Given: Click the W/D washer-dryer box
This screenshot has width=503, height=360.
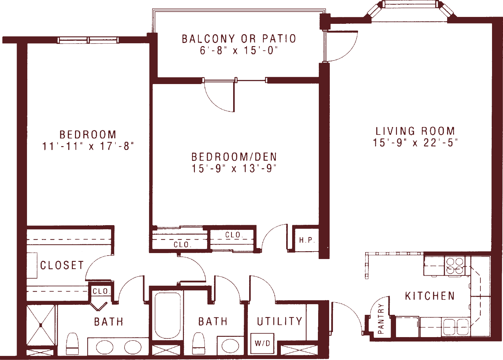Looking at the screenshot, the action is click(x=262, y=343).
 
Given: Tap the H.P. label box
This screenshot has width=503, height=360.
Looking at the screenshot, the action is click(x=307, y=240).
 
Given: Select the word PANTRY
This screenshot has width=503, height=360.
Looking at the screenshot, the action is click(x=381, y=319).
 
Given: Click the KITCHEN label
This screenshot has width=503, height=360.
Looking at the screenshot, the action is click(x=430, y=296).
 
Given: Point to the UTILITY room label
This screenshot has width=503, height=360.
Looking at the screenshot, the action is click(x=280, y=321).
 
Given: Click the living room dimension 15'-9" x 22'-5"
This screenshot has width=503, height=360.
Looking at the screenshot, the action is click(x=415, y=143).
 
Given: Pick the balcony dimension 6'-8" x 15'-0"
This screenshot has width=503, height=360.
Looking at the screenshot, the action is click(x=239, y=50).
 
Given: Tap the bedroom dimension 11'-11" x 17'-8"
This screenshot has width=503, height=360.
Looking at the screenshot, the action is click(x=88, y=146).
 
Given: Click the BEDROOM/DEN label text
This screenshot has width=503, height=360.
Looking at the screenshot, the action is click(x=234, y=157).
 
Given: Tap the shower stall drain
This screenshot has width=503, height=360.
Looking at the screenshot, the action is click(x=41, y=325).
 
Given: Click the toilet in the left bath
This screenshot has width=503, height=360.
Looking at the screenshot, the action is click(x=72, y=344).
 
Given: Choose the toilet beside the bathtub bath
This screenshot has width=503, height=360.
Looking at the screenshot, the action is click(x=199, y=344).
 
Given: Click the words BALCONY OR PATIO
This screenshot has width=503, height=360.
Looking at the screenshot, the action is click(x=239, y=39).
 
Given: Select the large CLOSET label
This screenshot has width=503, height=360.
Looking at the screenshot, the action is click(x=62, y=265).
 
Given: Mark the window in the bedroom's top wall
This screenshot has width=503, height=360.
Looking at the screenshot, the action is click(x=88, y=40).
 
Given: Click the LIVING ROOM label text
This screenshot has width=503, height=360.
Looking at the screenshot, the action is click(x=415, y=131).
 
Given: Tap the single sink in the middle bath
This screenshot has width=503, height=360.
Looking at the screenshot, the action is click(x=230, y=346).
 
